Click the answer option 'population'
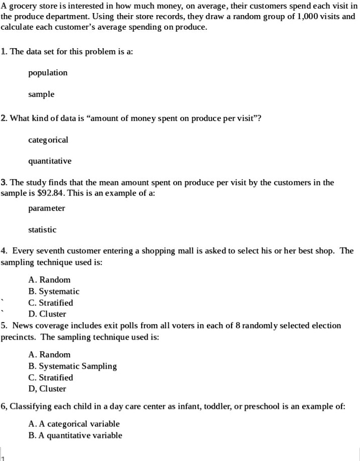point(48,73)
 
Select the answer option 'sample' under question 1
point(41,94)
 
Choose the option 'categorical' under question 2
point(48,139)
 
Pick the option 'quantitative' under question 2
point(50,161)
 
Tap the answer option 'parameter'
point(47,208)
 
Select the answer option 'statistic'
point(42,229)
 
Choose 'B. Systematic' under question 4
point(54,291)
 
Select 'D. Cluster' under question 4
point(47,314)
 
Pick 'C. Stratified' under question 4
point(51,302)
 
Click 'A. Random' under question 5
point(50,354)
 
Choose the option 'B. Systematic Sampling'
point(72,366)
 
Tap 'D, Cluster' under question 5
point(47,388)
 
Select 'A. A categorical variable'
point(74,424)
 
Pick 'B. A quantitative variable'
point(75,435)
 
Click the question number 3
point(4,182)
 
